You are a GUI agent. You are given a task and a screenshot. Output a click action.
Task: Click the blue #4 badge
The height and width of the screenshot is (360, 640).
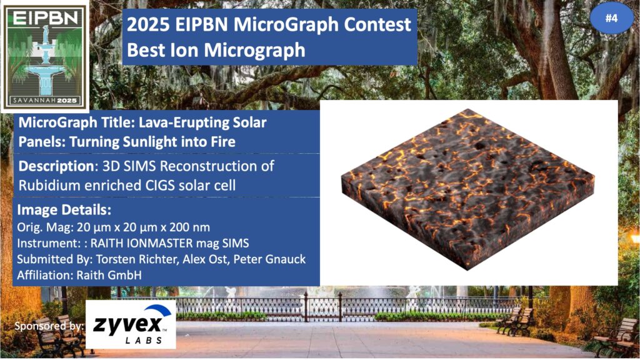[611, 18]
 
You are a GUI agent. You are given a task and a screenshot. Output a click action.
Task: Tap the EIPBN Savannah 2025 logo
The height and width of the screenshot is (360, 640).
[45, 56]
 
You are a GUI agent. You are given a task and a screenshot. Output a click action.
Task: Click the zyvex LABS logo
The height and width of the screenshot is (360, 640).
[131, 325]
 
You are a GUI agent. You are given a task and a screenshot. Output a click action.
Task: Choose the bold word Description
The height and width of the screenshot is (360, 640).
[56, 166]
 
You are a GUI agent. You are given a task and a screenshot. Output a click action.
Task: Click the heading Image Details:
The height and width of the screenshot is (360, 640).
[64, 210]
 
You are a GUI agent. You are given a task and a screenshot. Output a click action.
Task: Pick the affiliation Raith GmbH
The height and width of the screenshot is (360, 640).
[109, 275]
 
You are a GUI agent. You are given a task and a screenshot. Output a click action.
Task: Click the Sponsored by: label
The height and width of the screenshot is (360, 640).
[49, 326]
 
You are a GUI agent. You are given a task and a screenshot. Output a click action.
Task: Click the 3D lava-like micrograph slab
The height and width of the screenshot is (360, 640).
[467, 189]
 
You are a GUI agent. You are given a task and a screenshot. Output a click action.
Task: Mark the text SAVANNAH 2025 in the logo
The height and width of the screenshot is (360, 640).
[45, 101]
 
